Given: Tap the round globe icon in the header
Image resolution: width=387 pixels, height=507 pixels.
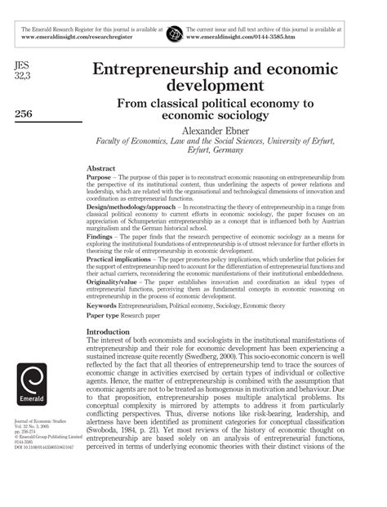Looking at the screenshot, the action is click(x=173, y=33).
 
